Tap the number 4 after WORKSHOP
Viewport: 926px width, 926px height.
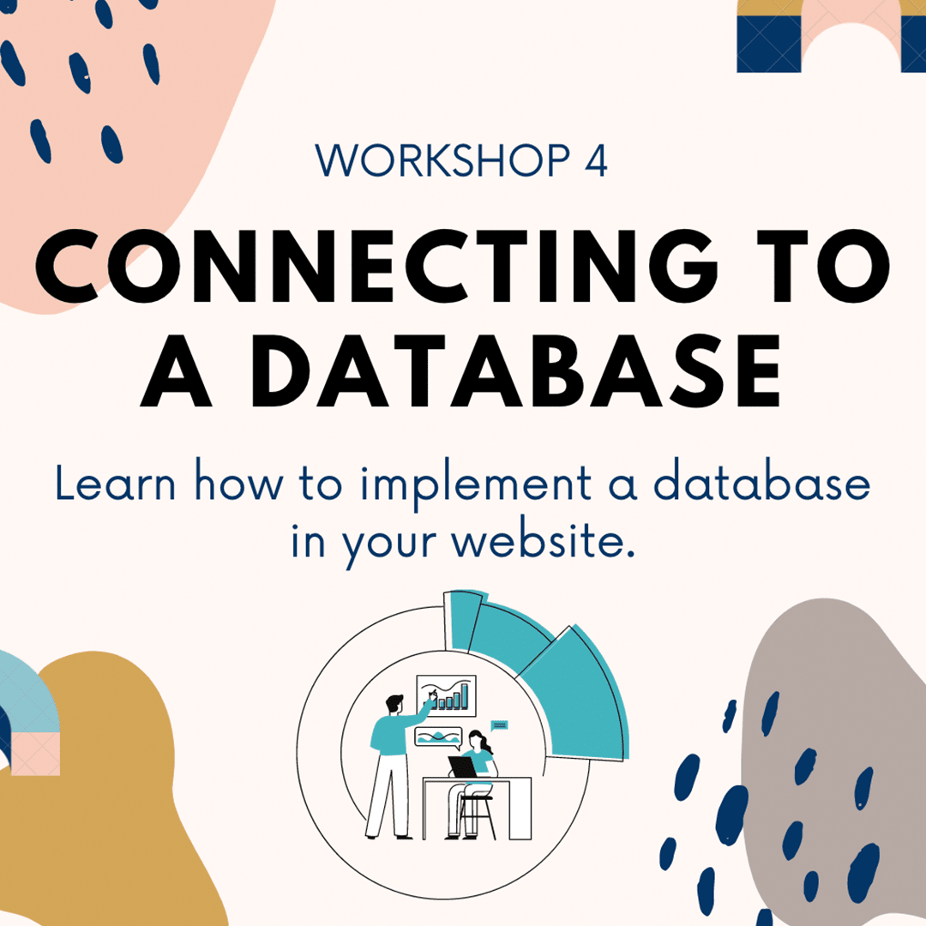pos(596,160)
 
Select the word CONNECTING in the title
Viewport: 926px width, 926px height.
pos(376,267)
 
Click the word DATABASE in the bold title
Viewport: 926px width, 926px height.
pos(515,371)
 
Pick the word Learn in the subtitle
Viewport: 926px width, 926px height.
pos(116,483)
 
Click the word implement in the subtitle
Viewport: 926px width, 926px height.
pos(476,485)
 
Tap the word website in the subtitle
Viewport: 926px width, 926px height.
pos(544,540)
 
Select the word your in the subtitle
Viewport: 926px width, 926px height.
pos(389,544)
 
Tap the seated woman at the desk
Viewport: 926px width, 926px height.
pos(472,779)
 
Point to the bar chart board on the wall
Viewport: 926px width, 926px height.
pos(447,695)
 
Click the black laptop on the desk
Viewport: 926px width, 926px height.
pos(462,767)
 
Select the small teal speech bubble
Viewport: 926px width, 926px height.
pos(499,725)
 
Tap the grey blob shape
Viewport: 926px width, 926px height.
pos(833,762)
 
